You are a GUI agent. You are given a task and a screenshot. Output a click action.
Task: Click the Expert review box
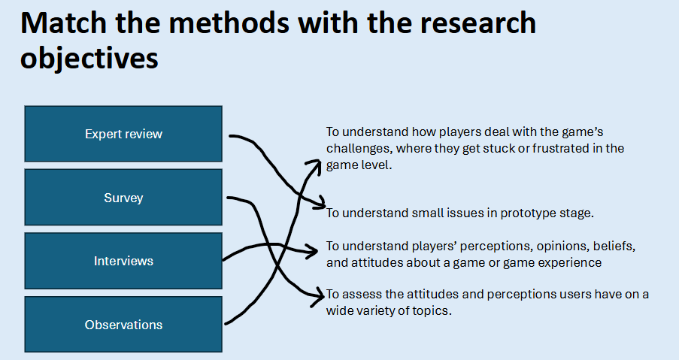pos(123,134)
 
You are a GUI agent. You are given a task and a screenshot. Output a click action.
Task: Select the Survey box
pos(123,198)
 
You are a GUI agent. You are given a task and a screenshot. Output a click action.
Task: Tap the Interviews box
pos(123,261)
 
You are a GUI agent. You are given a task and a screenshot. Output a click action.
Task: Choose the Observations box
pos(123,325)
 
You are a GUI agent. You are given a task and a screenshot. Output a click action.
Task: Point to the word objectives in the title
pos(89,59)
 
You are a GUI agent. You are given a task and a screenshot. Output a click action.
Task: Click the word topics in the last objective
pos(435,310)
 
